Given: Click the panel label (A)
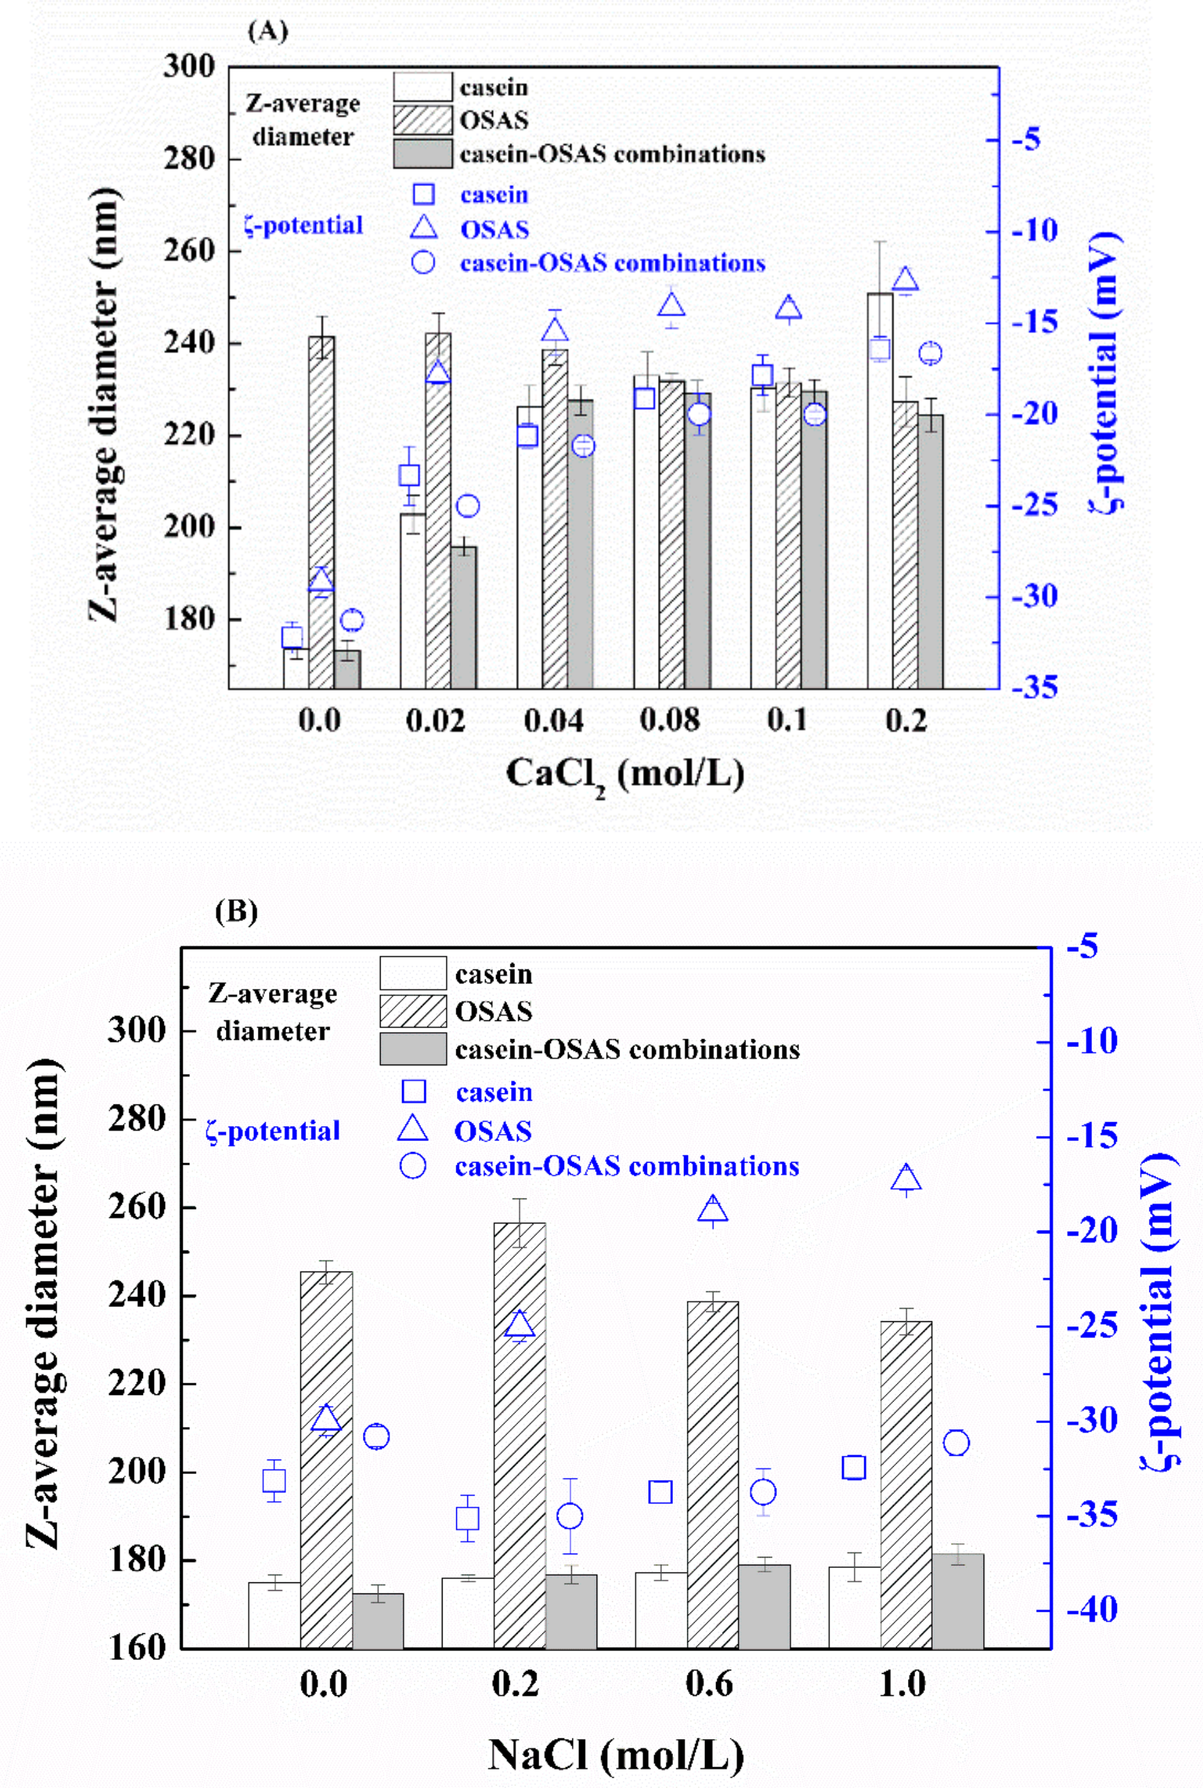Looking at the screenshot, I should point(268,31).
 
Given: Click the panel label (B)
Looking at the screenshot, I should point(236,911).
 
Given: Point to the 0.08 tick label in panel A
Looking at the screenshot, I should point(669,720).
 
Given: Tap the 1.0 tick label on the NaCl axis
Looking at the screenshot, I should point(902,1683).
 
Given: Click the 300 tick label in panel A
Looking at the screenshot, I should point(189,67).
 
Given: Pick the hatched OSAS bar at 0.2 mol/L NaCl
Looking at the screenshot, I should point(520,1434).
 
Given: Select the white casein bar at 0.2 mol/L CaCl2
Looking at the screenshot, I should point(880,491).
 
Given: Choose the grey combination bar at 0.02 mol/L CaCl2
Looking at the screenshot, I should point(463,618).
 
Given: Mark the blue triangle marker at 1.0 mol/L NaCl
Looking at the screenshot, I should point(906,1178).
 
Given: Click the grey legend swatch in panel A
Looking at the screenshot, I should point(423,153).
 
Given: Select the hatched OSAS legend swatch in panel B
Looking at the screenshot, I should point(413,1011).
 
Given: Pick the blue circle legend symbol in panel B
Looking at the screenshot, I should point(413,1166).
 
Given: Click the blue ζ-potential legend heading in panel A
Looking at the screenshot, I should point(303,225).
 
